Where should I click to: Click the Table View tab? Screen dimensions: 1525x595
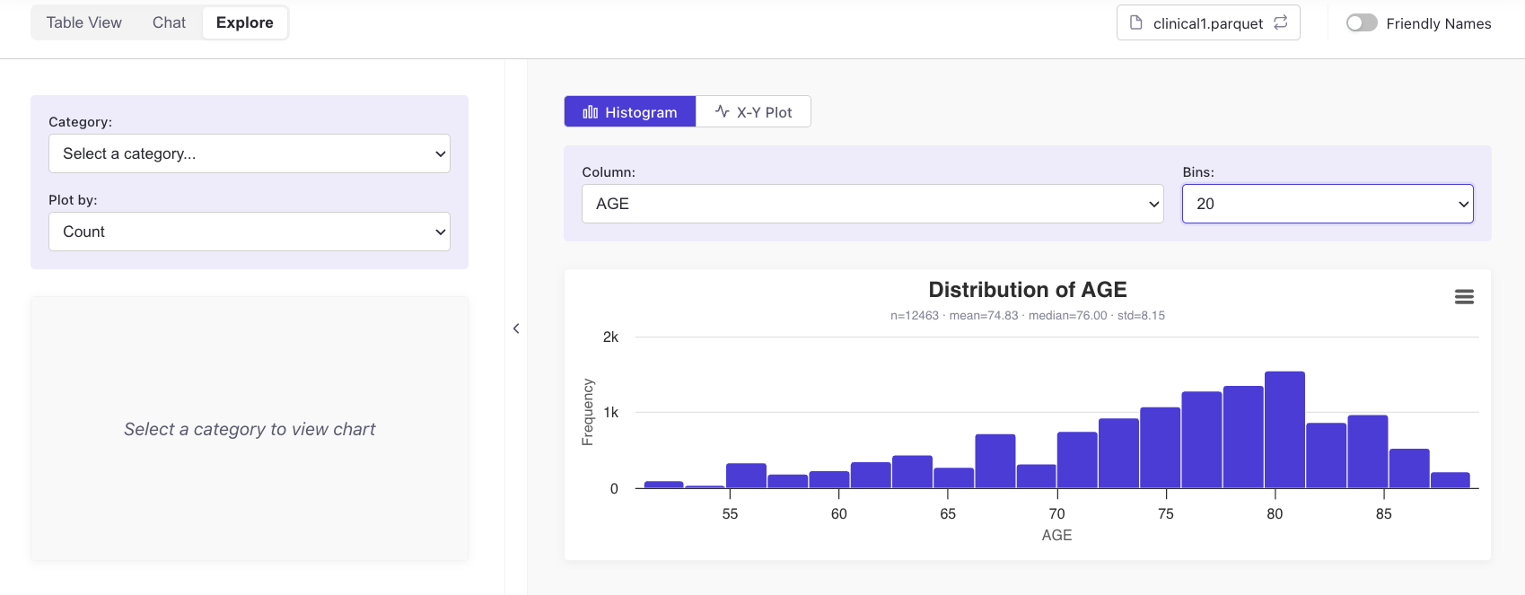click(83, 22)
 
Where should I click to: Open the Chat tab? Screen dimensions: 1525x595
click(169, 22)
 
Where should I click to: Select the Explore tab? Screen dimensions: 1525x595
click(244, 22)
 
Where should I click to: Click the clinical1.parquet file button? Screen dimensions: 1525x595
click(1208, 23)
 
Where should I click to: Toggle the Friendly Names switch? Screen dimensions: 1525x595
click(1362, 23)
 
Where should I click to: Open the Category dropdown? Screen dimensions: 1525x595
click(250, 153)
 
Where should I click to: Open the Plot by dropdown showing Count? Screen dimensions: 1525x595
click(250, 232)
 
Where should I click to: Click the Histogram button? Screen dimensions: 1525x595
click(630, 111)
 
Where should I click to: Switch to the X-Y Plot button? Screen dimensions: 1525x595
click(753, 111)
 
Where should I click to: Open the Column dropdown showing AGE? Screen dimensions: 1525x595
click(872, 204)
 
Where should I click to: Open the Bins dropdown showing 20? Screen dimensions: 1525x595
click(1328, 204)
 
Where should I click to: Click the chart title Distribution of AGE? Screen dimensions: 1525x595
click(1028, 290)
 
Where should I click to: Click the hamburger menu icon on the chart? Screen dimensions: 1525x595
click(1464, 297)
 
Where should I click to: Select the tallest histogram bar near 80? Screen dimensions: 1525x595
click(1284, 430)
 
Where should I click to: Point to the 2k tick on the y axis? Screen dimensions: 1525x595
click(610, 337)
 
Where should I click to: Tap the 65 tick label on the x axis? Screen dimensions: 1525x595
click(948, 514)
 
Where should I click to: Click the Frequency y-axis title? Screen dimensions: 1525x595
click(588, 412)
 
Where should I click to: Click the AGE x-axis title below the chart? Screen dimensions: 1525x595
click(1056, 535)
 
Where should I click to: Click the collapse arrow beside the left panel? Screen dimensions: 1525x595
click(516, 328)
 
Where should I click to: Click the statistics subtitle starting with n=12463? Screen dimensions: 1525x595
click(1028, 315)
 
